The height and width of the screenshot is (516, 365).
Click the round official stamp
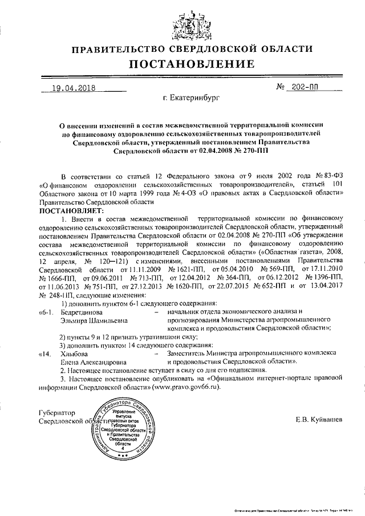point(121,427)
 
